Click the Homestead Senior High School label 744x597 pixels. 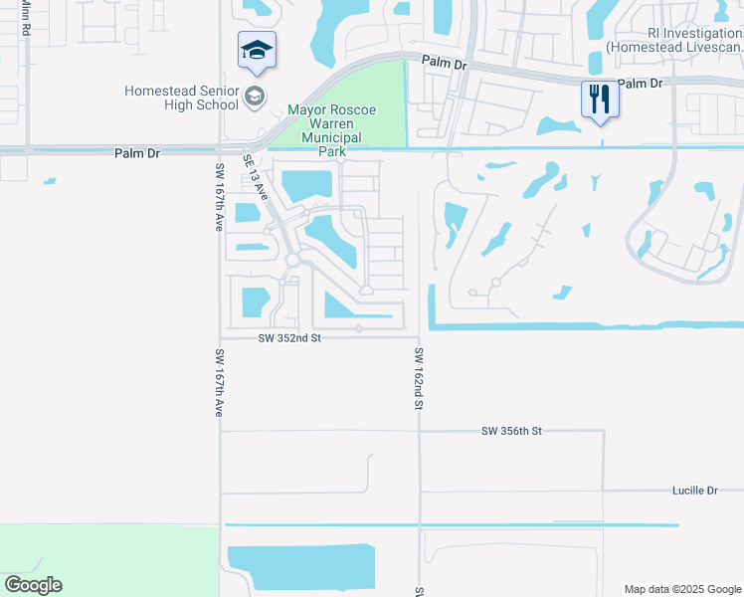coord(181,98)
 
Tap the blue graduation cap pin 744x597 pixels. coord(257,51)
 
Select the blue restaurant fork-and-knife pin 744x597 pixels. coord(598,99)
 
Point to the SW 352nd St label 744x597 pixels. coord(289,338)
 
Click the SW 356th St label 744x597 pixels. coord(510,431)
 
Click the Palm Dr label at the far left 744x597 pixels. coord(136,153)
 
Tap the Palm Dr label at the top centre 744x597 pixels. coord(444,63)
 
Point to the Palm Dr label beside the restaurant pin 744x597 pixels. coord(640,84)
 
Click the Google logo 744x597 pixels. coord(33,585)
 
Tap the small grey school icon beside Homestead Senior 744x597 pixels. coord(255,97)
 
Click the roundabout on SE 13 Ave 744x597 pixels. coord(292,259)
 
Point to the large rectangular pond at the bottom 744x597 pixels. coord(300,567)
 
